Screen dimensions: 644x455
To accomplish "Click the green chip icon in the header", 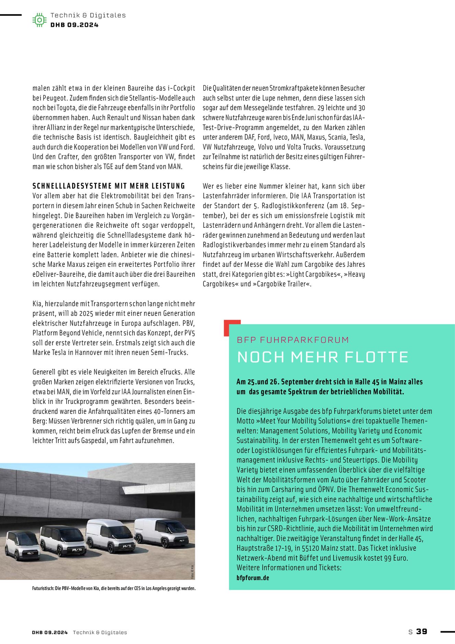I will [39, 20].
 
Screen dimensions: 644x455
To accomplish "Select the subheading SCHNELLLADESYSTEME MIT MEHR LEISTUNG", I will [109, 186].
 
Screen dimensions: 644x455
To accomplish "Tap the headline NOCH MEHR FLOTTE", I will [323, 357].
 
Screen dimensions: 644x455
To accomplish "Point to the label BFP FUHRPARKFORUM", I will [293, 340].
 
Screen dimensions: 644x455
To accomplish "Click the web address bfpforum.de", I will [253, 578].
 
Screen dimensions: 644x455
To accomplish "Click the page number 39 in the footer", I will [422, 631].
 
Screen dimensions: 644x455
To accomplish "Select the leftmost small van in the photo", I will [23, 546].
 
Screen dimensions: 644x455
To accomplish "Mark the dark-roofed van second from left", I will [63, 540].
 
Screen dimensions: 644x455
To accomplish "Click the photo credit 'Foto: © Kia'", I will [192, 572].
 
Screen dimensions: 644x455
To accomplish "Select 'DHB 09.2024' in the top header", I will [74, 25].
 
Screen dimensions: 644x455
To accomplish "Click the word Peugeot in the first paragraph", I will [55, 98].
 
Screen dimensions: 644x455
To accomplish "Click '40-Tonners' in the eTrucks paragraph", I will [164, 411].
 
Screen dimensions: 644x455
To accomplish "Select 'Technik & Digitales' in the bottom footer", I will [100, 632].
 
